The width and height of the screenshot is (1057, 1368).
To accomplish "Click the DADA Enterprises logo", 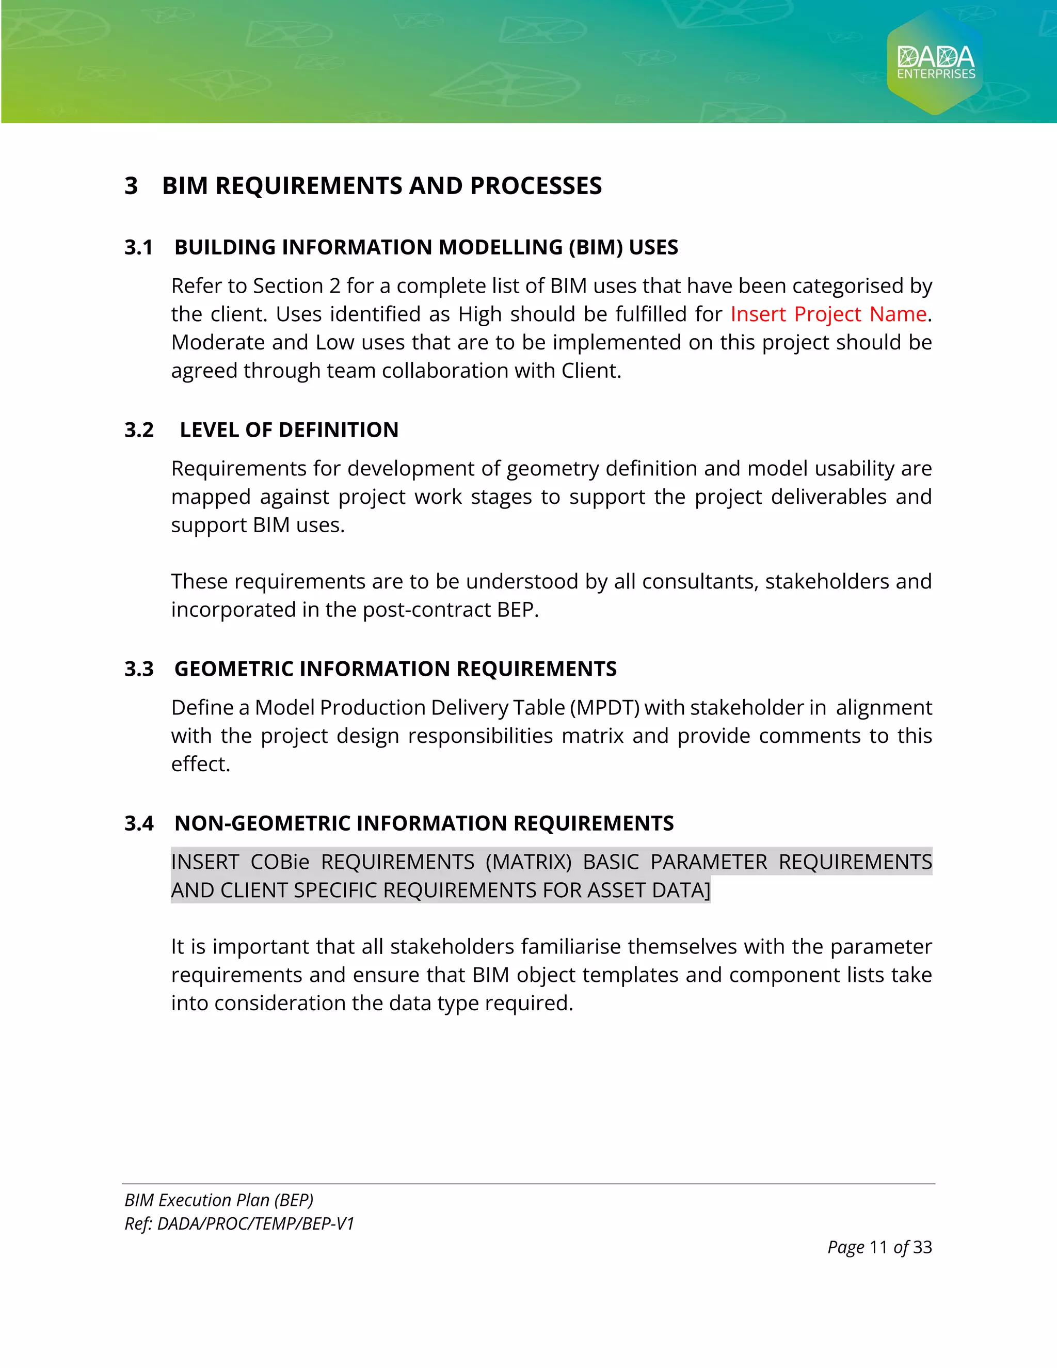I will point(936,62).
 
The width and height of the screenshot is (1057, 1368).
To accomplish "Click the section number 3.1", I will point(138,247).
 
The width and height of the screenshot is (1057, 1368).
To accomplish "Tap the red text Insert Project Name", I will point(828,314).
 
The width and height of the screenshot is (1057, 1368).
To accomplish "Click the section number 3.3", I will point(138,669).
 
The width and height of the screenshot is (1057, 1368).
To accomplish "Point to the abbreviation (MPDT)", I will point(604,708).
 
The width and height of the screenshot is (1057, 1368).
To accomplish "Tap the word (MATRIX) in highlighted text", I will point(528,863).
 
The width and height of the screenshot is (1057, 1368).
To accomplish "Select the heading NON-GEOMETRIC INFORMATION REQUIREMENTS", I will point(424,823).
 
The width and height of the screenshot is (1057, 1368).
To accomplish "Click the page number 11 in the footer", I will point(878,1247).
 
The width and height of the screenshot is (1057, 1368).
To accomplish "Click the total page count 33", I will point(922,1247).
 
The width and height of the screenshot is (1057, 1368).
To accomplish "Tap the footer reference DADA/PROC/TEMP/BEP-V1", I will point(255,1224).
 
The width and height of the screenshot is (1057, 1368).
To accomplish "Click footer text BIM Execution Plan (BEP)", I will point(218,1200).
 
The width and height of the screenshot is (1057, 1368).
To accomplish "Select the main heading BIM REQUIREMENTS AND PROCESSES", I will point(381,186).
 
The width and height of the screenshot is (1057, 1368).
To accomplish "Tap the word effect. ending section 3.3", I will point(200,764).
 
